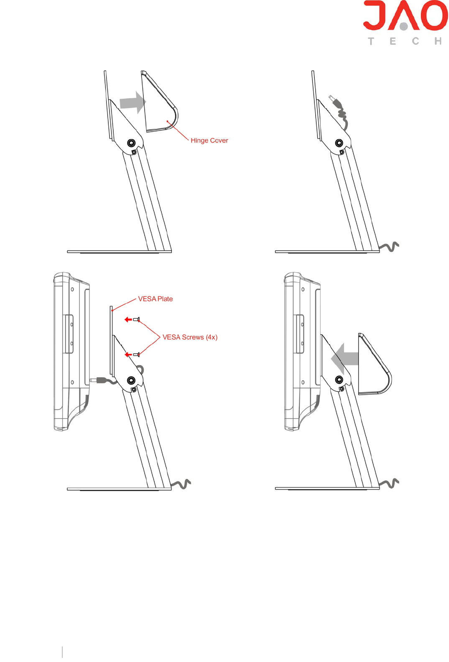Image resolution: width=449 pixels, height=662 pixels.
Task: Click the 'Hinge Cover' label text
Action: coord(209,141)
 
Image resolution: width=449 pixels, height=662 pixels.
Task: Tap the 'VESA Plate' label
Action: coord(155,299)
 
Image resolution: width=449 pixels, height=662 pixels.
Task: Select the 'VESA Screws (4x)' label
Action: coord(190,337)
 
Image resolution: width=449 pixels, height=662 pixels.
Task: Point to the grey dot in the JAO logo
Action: coord(403,27)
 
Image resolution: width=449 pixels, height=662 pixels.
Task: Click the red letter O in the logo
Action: coord(434,15)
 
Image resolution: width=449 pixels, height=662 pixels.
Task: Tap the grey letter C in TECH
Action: coord(415,41)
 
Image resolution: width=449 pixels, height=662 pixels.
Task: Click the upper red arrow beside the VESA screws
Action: coord(128,319)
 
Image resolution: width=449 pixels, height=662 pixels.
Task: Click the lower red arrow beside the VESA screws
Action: coord(128,355)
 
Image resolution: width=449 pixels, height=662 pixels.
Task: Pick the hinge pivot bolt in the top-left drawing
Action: coord(131,143)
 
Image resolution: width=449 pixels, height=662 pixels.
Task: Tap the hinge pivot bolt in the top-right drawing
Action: coord(339,143)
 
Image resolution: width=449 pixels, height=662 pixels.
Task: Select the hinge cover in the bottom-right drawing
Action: coord(374,365)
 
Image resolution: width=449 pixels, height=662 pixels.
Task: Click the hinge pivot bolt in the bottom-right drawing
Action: coord(339,380)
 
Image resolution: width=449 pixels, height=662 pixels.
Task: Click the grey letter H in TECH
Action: coord(438,41)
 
